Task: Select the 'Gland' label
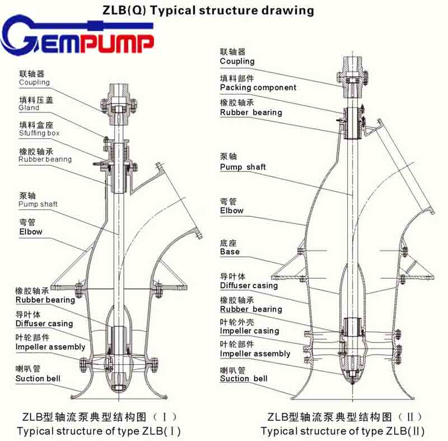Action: coord(29,107)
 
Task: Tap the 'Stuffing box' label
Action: coord(39,133)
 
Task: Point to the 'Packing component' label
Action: coord(258,87)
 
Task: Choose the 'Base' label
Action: coord(230,252)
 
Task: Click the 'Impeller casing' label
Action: coord(249,331)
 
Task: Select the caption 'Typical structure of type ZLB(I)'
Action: coord(99,431)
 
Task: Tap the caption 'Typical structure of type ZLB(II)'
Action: coord(343,431)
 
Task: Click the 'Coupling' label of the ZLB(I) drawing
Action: coord(34,82)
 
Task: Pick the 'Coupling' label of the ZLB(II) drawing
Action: coord(237,61)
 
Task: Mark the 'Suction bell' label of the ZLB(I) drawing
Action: coord(38,379)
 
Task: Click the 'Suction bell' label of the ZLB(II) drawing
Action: coord(244,379)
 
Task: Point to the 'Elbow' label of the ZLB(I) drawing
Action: coord(31,231)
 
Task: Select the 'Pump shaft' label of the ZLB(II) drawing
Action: coord(243,167)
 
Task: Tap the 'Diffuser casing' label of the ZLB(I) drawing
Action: coord(44,323)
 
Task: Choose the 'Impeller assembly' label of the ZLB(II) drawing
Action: coord(255,354)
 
